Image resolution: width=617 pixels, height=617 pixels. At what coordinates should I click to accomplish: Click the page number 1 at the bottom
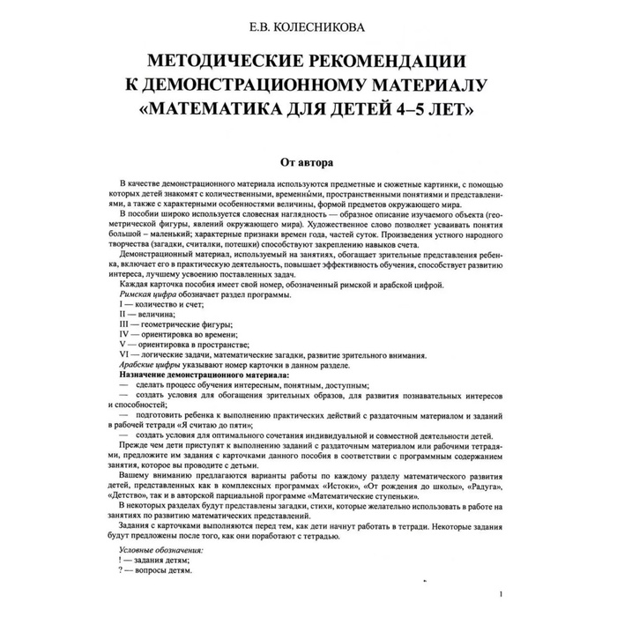500,594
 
